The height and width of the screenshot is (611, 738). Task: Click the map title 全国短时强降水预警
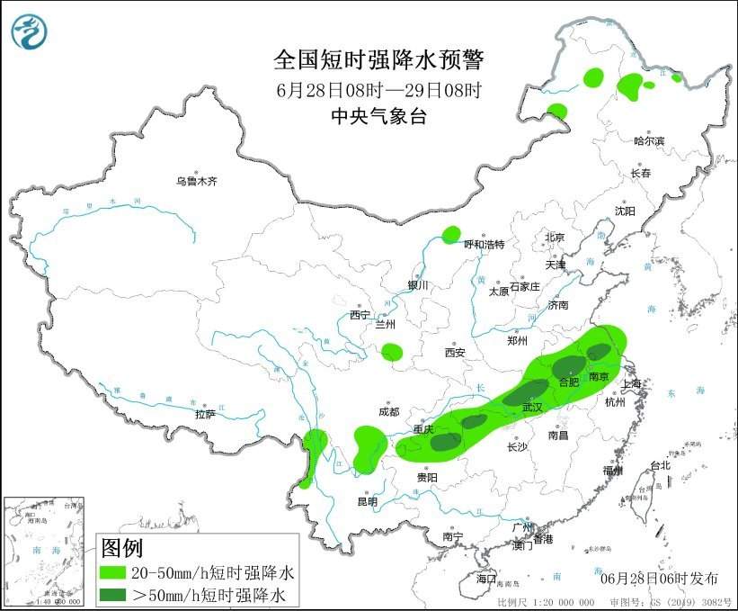[x=378, y=60]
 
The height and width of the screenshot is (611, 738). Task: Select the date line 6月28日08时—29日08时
[x=378, y=90]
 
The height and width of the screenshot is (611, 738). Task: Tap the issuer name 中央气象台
[x=378, y=116]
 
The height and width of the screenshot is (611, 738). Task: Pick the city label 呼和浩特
[x=484, y=245]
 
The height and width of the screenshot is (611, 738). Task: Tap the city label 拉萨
[x=205, y=415]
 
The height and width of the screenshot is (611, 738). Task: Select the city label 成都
[x=388, y=412]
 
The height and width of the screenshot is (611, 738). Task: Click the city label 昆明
[x=368, y=501]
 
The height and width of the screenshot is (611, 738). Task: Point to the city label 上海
[x=633, y=384]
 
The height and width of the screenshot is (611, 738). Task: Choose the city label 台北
[x=660, y=465]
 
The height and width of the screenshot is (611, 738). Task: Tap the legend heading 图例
[x=121, y=548]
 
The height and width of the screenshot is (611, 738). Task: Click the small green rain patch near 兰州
[x=391, y=352]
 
